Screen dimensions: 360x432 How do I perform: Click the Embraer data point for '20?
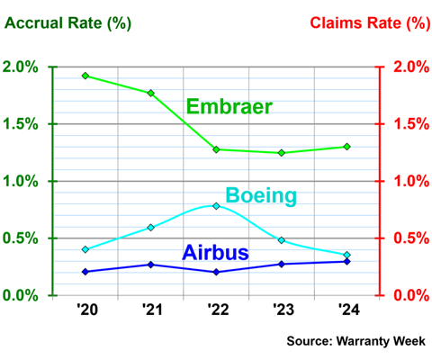pyautogui.click(x=85, y=76)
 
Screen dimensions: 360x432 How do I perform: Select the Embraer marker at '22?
pyautogui.click(x=216, y=149)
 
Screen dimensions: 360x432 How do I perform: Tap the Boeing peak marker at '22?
pyautogui.click(x=216, y=205)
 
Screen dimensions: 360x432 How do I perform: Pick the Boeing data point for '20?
pyautogui.click(x=85, y=249)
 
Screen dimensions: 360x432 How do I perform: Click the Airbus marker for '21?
pyautogui.click(x=150, y=265)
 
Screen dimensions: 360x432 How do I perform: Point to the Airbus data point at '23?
pyautogui.click(x=282, y=264)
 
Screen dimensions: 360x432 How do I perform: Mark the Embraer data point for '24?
pyautogui.click(x=346, y=147)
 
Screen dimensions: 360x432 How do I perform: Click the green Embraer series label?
pyautogui.click(x=229, y=108)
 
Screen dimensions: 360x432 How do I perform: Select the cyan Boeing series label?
pyautogui.click(x=262, y=195)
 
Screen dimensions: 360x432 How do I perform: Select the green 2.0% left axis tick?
pyautogui.click(x=22, y=67)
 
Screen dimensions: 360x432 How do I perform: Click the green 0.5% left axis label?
pyautogui.click(x=22, y=238)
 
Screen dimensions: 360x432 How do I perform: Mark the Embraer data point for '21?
pyautogui.click(x=150, y=93)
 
